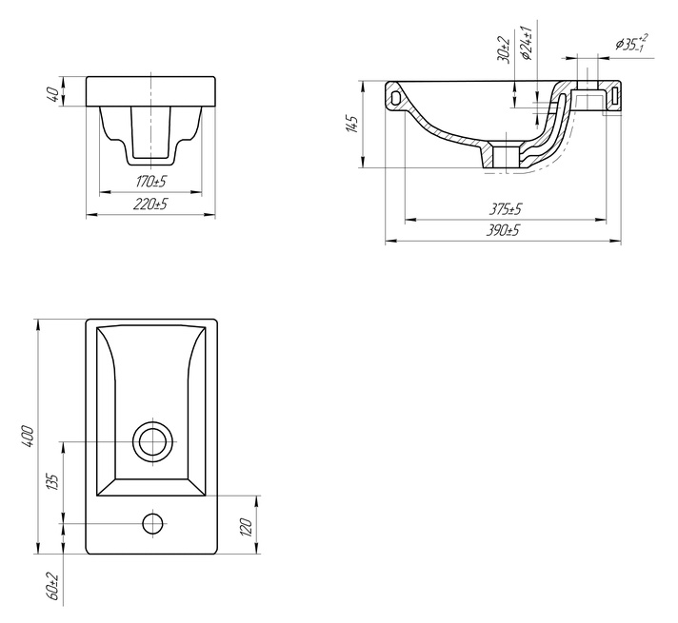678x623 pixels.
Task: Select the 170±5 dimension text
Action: [150, 182]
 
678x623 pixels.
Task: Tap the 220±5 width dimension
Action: [150, 204]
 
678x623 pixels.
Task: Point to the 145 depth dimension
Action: [352, 124]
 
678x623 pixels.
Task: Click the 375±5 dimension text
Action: [506, 209]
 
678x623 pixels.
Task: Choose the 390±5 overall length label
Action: [503, 231]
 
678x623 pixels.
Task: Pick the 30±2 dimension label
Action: [504, 49]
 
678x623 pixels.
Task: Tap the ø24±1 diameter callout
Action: [526, 43]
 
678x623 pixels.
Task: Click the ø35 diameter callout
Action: [631, 43]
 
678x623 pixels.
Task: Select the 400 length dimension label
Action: [28, 437]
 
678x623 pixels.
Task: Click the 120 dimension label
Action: [245, 527]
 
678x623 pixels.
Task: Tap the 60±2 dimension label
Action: [52, 586]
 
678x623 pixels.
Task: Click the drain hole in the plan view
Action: [152, 441]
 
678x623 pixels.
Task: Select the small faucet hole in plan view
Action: [152, 523]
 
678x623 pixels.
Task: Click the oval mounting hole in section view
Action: [395, 97]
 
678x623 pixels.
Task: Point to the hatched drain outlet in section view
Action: [506, 156]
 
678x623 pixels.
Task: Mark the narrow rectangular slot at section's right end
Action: [615, 96]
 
